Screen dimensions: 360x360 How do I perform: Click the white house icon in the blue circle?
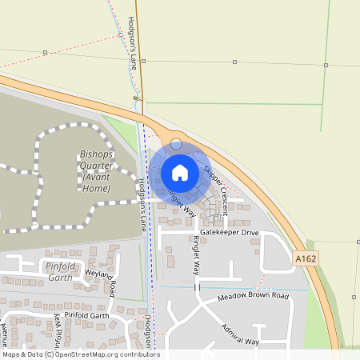179,172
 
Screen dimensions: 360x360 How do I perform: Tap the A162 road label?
304,259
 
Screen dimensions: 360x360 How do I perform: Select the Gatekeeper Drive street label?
230,233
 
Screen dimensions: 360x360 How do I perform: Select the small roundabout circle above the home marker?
177,144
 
